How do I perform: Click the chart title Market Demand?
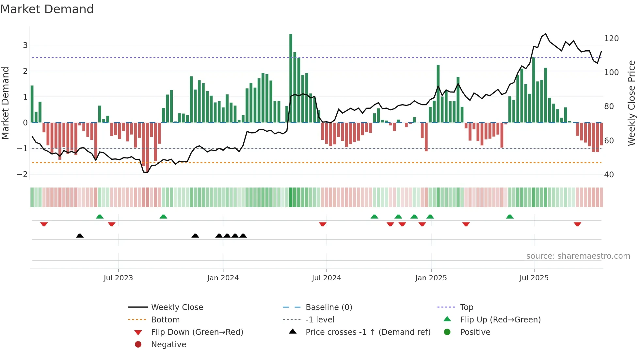click(x=47, y=9)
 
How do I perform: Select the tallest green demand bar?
click(x=291, y=78)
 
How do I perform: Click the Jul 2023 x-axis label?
click(x=118, y=278)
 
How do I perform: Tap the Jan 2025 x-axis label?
click(x=431, y=278)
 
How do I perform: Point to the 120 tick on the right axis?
click(x=611, y=39)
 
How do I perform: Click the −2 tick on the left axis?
click(x=22, y=174)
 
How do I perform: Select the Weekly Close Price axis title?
click(x=632, y=103)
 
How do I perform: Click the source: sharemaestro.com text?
click(x=578, y=256)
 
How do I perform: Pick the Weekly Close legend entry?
click(x=177, y=307)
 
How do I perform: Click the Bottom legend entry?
click(x=165, y=320)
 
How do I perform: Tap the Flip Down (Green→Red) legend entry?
click(x=197, y=332)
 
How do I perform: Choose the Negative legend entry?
click(x=168, y=345)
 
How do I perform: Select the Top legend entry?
click(x=467, y=307)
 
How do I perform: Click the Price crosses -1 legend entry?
click(x=368, y=332)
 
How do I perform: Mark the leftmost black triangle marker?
click(x=80, y=236)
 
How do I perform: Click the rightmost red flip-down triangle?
click(x=577, y=224)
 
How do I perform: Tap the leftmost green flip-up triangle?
click(x=100, y=217)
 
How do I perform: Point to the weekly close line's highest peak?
click(x=545, y=34)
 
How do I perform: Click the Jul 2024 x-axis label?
click(x=326, y=278)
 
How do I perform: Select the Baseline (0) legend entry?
click(x=328, y=307)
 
